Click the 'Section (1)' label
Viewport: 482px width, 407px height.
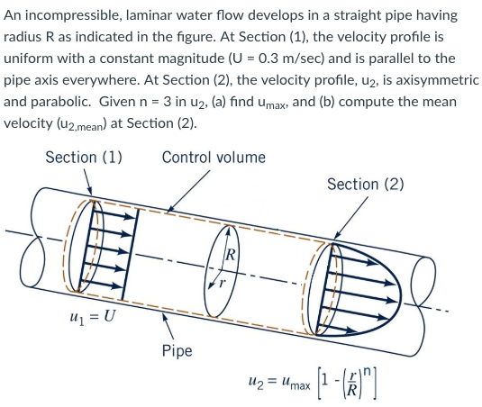click(x=84, y=158)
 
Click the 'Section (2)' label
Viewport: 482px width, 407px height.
click(x=365, y=185)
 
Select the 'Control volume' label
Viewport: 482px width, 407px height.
click(x=214, y=158)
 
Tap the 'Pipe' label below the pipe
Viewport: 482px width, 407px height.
click(x=177, y=349)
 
